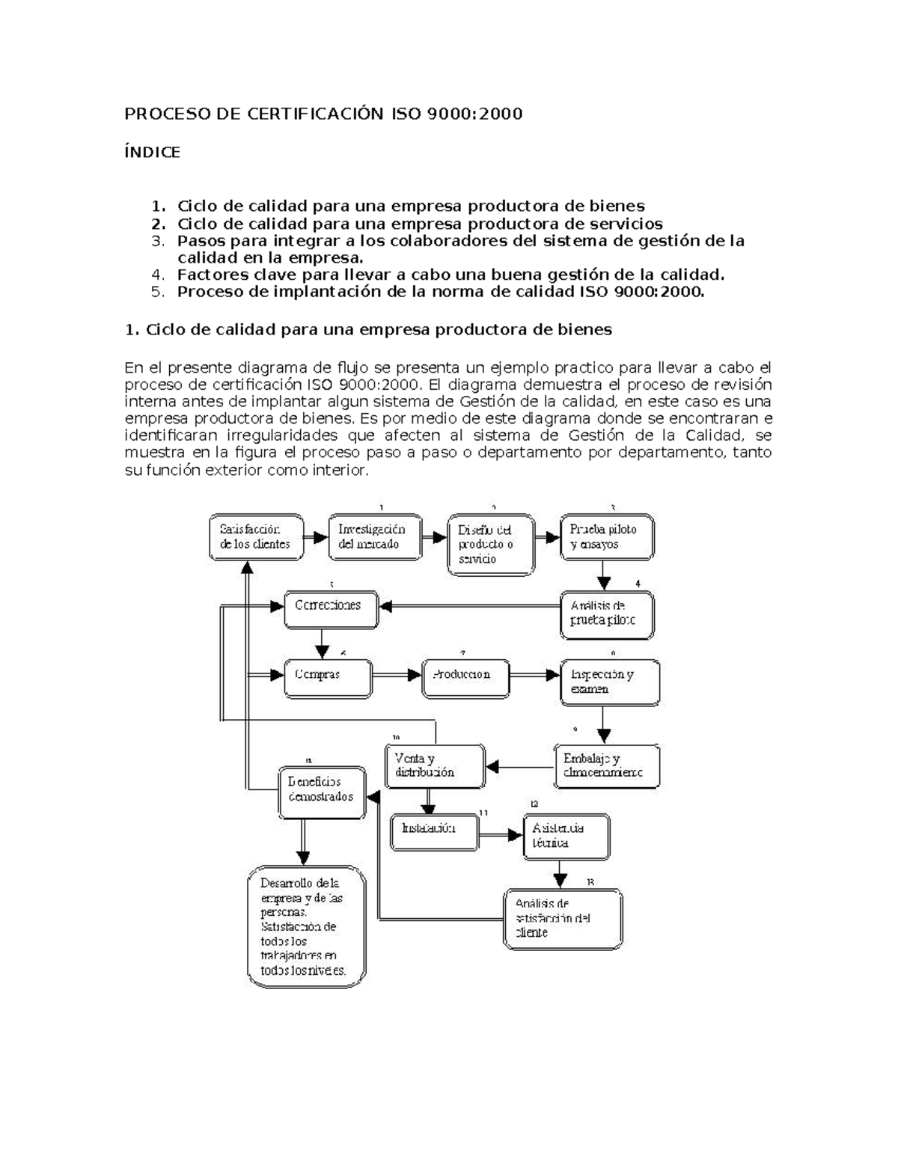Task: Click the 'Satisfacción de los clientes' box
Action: (256, 536)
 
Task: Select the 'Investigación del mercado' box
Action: (375, 536)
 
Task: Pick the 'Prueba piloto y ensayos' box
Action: (607, 536)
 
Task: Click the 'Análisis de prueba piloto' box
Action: (607, 614)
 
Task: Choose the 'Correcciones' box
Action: (328, 609)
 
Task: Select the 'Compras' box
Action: (328, 679)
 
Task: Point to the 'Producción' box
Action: (465, 679)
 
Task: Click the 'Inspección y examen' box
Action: (610, 682)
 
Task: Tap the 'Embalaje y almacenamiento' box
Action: (606, 766)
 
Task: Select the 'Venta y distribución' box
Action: (435, 766)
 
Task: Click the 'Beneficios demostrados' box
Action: (322, 792)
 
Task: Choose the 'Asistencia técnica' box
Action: (566, 837)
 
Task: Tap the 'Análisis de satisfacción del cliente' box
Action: (563, 919)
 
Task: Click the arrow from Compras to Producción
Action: (397, 676)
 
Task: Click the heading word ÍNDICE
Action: (152, 153)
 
